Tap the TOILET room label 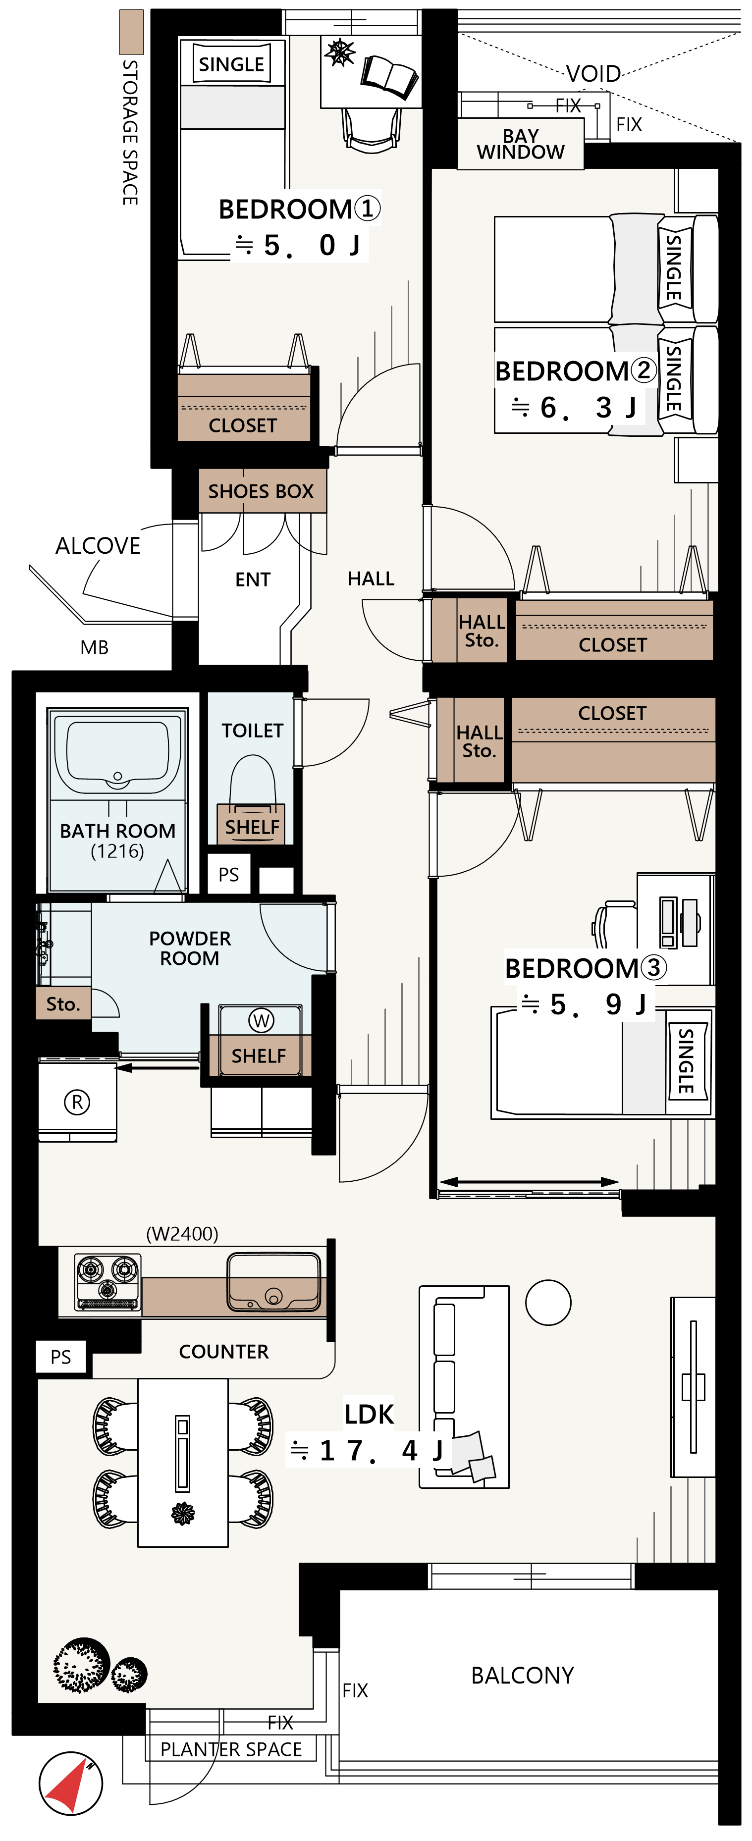pyautogui.click(x=252, y=731)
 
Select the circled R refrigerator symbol pyautogui.click(x=77, y=1102)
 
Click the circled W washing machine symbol pyautogui.click(x=261, y=1021)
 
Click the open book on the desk pyautogui.click(x=389, y=76)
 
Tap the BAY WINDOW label pyautogui.click(x=520, y=144)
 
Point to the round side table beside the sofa pyautogui.click(x=548, y=1302)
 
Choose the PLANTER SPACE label pyautogui.click(x=231, y=1749)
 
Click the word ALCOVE pyautogui.click(x=98, y=545)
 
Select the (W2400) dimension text pyautogui.click(x=182, y=1234)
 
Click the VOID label pyautogui.click(x=593, y=74)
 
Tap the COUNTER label pyautogui.click(x=224, y=1352)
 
